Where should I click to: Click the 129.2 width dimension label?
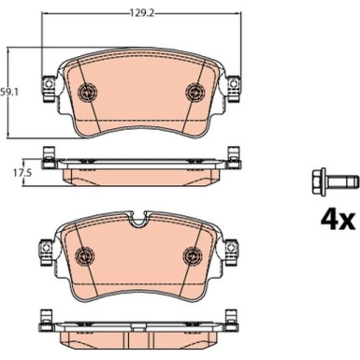pyautogui.click(x=141, y=13)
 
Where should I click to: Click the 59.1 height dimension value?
pyautogui.click(x=9, y=93)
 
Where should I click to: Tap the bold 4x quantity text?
pyautogui.click(x=338, y=221)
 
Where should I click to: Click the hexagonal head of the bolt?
pyautogui.click(x=319, y=181)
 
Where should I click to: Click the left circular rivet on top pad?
pyautogui.click(x=88, y=93)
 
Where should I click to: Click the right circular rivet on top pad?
pyautogui.click(x=195, y=93)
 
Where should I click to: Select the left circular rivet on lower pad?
pyautogui.click(x=85, y=255)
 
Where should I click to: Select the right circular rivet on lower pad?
pyautogui.click(x=193, y=255)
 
